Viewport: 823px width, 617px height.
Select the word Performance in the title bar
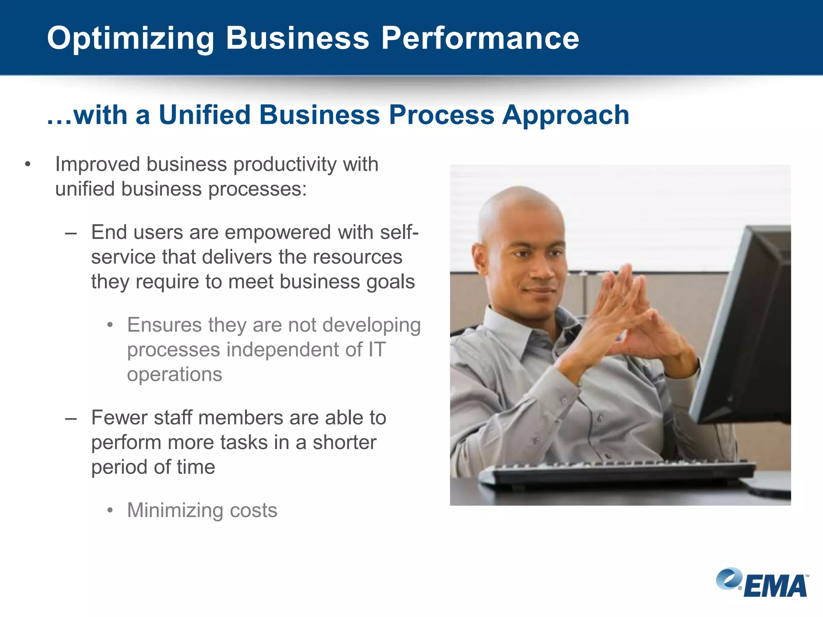(480, 38)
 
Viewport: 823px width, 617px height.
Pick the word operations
(174, 374)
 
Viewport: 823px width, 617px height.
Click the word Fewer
(119, 418)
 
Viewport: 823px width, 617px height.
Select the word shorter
(344, 443)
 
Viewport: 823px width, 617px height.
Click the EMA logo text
(775, 586)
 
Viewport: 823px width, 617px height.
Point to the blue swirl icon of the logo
(728, 578)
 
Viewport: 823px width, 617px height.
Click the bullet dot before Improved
(27, 164)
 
